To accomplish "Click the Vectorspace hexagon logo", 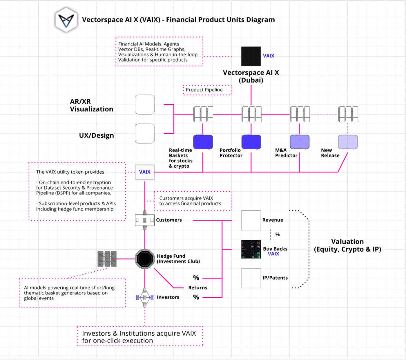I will click(x=66, y=20).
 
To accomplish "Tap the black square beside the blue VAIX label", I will click(x=251, y=56).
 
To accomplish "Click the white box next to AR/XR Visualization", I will click(x=145, y=105).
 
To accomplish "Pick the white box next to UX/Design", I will click(x=145, y=134).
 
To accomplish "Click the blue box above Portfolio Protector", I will click(x=251, y=142).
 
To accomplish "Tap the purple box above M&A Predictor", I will click(x=300, y=142).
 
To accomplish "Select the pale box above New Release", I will click(x=348, y=142).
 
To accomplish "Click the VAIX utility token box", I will click(x=145, y=172).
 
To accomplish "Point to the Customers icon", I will click(x=145, y=220).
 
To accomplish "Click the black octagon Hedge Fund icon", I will click(x=145, y=259).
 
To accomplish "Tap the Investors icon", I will click(x=145, y=297).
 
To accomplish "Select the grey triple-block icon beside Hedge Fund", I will click(x=107, y=259).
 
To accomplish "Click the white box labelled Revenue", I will click(x=251, y=220).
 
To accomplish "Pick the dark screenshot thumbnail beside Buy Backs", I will click(x=251, y=249).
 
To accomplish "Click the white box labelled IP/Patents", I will click(x=251, y=278).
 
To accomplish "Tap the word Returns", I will click(x=198, y=288).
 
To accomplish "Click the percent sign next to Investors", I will click(x=196, y=297).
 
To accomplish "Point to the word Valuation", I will click(x=347, y=242).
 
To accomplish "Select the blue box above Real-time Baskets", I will click(x=203, y=142).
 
